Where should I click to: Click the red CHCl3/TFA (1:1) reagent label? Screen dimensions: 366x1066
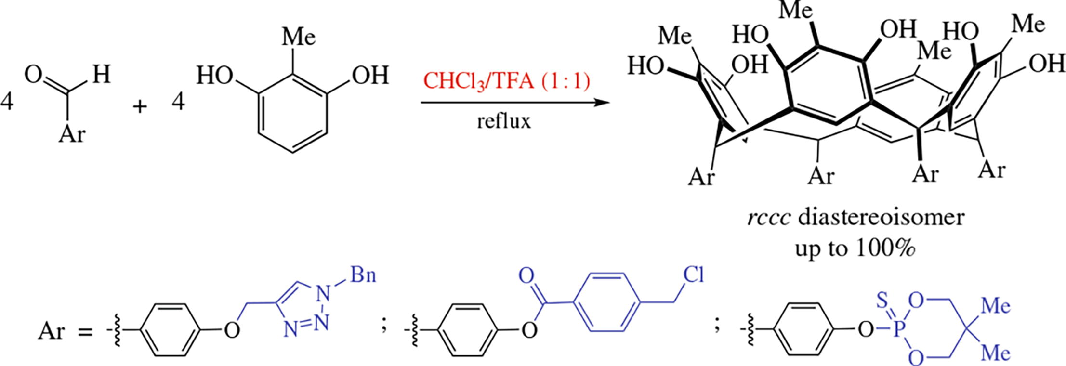506,82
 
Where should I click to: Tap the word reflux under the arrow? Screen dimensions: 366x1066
504,121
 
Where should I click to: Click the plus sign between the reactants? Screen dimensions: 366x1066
140,105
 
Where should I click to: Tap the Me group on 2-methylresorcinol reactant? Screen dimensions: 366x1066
298,37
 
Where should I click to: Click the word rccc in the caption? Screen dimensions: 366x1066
768,218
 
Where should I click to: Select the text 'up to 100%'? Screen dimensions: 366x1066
855,249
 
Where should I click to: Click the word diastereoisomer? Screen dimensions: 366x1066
881,218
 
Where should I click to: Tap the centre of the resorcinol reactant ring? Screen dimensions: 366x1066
293,113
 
